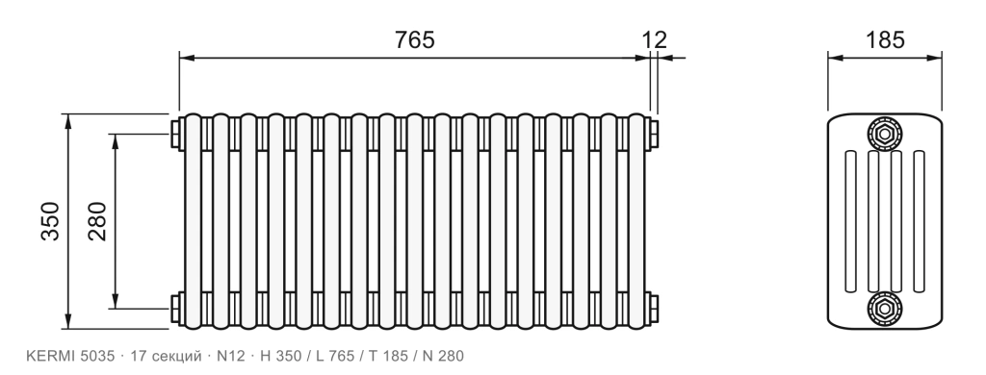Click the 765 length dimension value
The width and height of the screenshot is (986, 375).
tap(414, 39)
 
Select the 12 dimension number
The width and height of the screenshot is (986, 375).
tap(654, 39)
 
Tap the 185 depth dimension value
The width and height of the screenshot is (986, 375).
tap(885, 39)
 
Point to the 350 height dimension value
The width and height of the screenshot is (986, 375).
tap(50, 221)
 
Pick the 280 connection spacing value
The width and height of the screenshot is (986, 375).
tap(97, 221)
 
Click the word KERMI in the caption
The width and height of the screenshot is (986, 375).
tap(51, 356)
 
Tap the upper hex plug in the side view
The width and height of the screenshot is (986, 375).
tap(885, 133)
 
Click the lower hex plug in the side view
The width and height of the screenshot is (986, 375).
tap(885, 309)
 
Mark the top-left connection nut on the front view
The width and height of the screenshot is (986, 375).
tap(175, 133)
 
